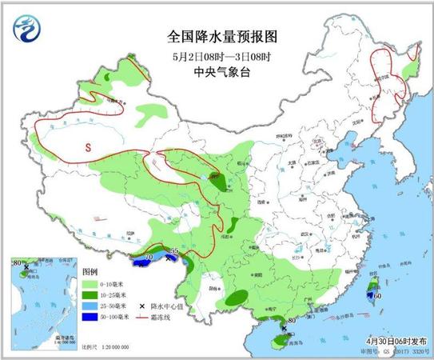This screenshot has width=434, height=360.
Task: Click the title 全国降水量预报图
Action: pos(216,37)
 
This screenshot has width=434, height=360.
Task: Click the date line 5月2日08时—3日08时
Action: pos(217,55)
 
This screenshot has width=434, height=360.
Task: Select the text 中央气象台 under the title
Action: pos(216,71)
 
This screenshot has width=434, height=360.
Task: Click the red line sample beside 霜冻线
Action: pos(143,318)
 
